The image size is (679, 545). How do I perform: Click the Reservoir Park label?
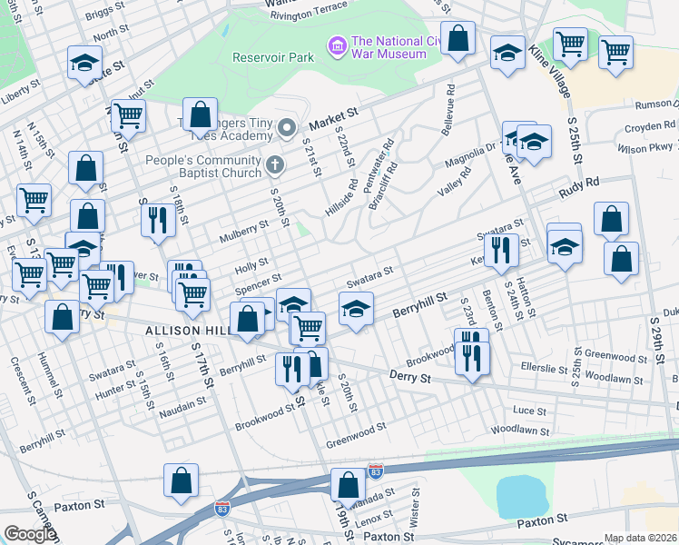272,57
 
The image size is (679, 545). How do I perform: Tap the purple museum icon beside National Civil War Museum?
338,45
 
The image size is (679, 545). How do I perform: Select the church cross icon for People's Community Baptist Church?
277,165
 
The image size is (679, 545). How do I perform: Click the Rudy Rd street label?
580,187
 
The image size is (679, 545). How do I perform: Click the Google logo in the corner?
29,534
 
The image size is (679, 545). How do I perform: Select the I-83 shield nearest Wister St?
376,471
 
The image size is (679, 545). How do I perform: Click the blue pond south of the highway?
518,494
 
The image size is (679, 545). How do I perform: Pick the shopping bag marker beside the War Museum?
458,39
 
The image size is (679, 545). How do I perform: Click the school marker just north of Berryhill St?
356,309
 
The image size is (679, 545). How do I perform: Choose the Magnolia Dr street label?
467,163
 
